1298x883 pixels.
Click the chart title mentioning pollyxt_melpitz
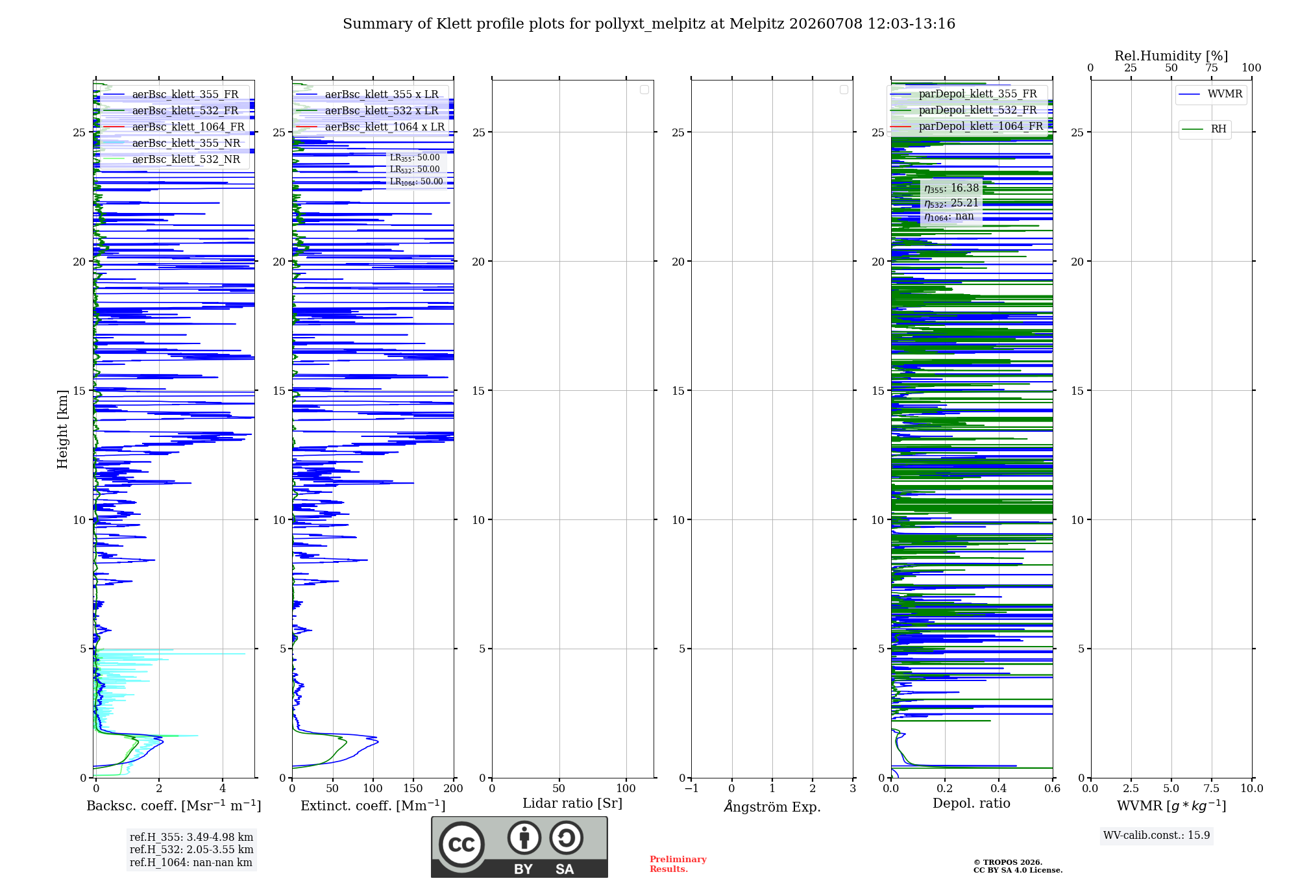click(649, 24)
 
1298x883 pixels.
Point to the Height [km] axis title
click(62, 429)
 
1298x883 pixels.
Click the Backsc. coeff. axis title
click(174, 806)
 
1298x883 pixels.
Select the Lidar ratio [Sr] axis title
click(572, 804)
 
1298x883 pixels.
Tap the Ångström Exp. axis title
click(772, 806)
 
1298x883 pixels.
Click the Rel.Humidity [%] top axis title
click(1171, 56)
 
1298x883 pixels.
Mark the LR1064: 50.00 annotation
click(416, 182)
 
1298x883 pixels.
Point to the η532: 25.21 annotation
click(951, 203)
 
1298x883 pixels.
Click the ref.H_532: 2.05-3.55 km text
click(191, 849)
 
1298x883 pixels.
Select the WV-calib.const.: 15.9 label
click(1157, 835)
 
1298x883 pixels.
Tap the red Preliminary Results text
click(678, 864)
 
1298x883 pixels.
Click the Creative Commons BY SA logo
click(519, 847)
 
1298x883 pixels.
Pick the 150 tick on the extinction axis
click(413, 788)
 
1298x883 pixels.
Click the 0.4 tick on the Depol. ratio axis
click(999, 788)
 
